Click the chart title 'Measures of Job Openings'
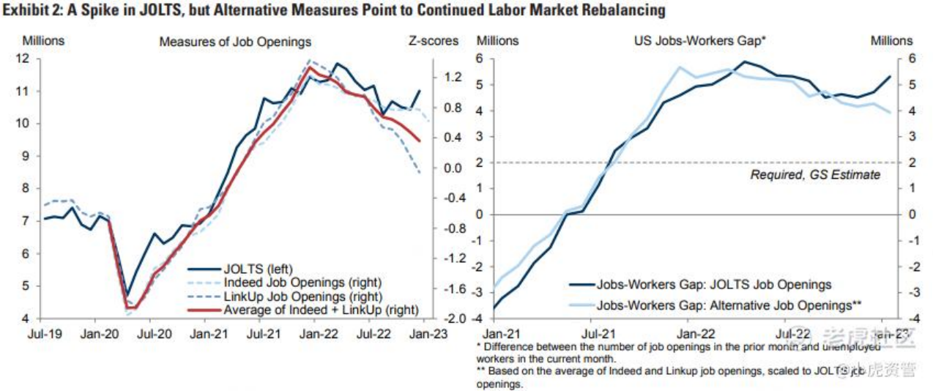235,42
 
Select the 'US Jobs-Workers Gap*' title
699,42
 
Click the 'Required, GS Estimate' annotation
815,175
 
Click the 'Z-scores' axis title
434,41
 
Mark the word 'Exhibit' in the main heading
26,10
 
